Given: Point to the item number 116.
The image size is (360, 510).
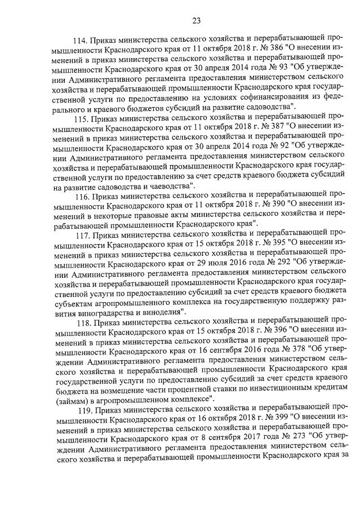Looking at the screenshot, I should (x=82, y=196).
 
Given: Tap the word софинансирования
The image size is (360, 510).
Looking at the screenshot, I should (x=248, y=97).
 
